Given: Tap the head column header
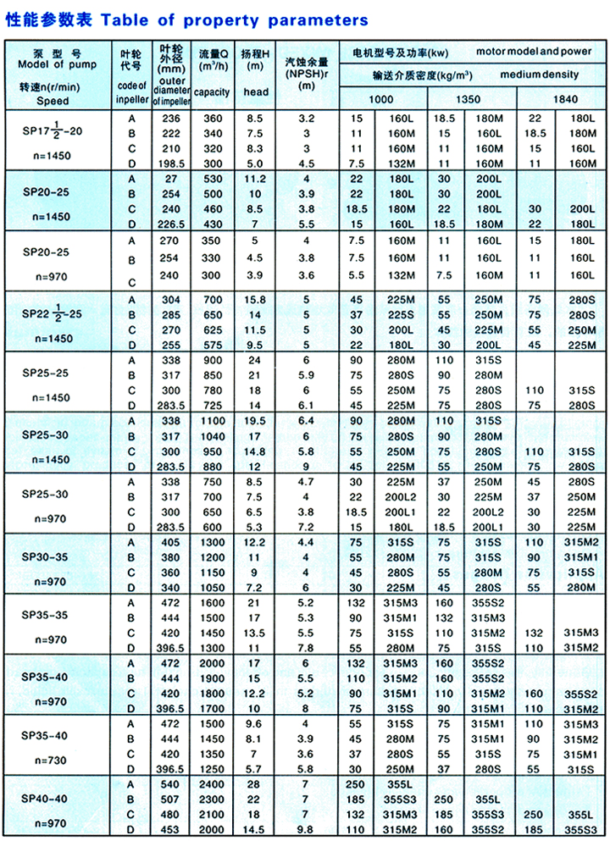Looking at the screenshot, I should click(x=256, y=91).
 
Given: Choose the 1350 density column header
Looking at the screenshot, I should click(x=468, y=99).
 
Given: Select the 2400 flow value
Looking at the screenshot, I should click(x=211, y=785).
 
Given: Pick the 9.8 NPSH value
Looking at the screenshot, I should click(x=306, y=830).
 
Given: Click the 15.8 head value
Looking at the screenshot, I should click(x=256, y=299).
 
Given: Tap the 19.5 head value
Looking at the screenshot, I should click(x=256, y=421).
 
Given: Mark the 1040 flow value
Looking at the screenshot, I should click(x=211, y=436).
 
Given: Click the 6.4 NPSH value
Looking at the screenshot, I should click(x=306, y=421).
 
